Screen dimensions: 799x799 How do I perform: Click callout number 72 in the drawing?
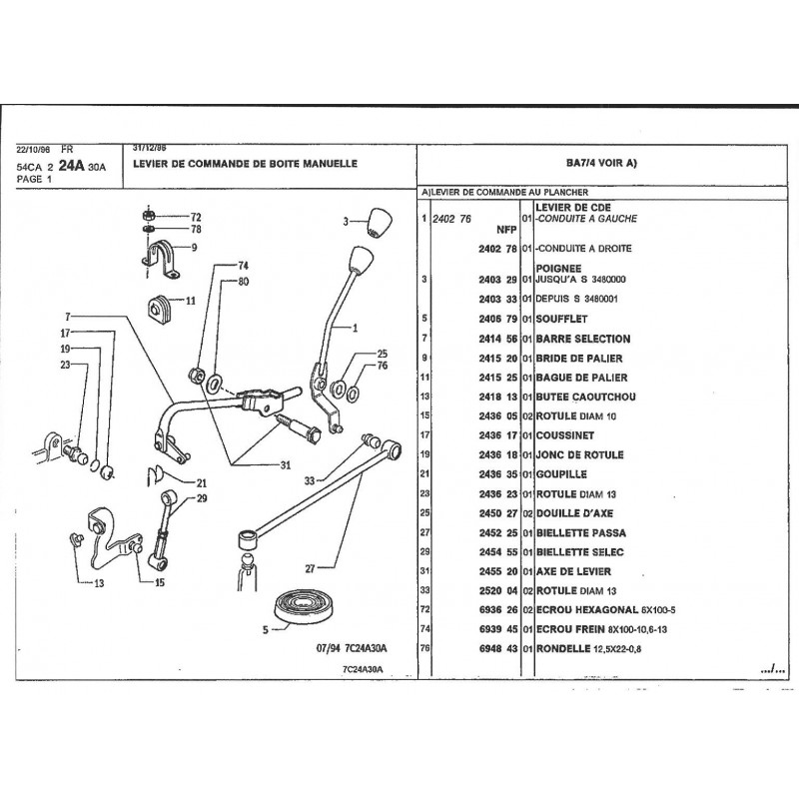(x=196, y=217)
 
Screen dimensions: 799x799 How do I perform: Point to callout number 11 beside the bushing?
(x=190, y=300)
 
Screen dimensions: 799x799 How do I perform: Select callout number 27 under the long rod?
(x=311, y=568)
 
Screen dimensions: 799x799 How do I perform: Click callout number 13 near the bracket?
(x=99, y=582)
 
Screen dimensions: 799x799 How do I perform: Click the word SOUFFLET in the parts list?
(x=564, y=320)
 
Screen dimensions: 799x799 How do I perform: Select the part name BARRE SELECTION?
(x=582, y=340)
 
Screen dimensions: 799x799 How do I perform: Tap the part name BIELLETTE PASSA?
(x=580, y=532)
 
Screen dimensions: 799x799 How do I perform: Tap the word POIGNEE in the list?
(x=560, y=269)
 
